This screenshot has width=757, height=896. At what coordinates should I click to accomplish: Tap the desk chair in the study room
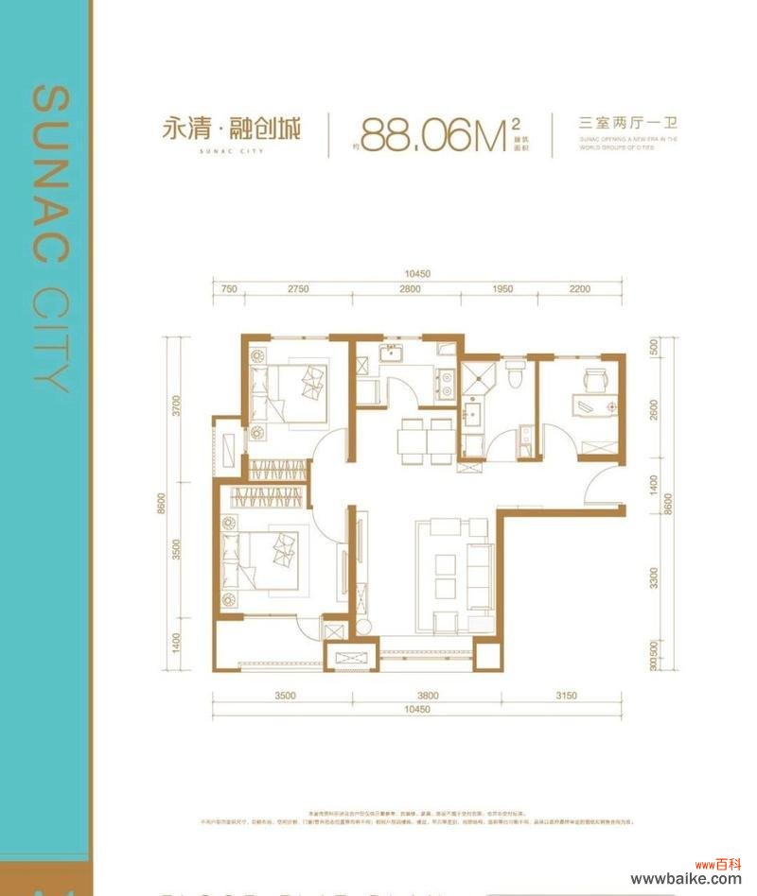(x=594, y=378)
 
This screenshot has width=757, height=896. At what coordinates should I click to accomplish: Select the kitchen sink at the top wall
(x=391, y=355)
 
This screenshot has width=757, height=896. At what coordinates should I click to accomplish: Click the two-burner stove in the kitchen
(x=442, y=383)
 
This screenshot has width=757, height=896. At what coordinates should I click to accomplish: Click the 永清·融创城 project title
(x=231, y=129)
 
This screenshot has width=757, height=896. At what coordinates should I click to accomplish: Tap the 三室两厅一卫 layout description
(x=629, y=124)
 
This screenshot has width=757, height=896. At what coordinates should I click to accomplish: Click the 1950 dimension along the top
(x=502, y=290)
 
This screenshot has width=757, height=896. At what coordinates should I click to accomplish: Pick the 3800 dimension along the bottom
(x=427, y=696)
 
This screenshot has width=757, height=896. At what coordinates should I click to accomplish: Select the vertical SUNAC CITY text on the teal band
(x=50, y=236)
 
